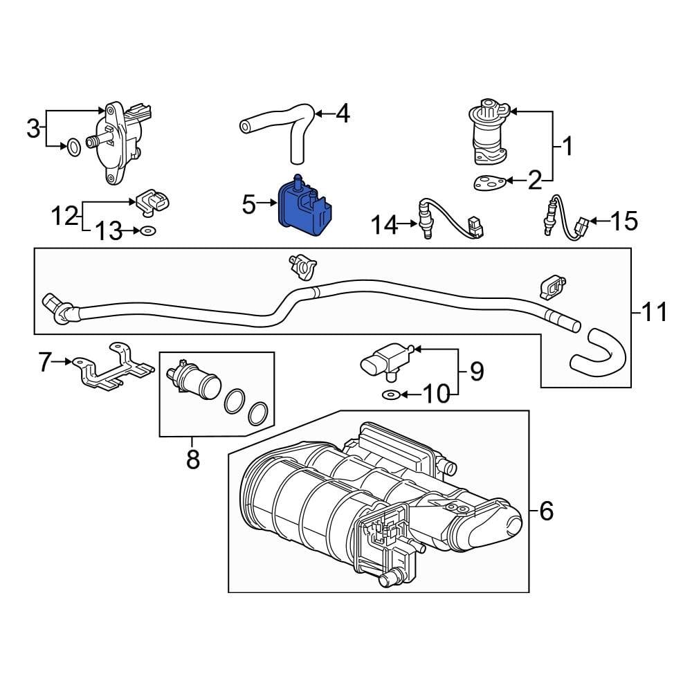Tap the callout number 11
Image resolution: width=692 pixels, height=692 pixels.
654,313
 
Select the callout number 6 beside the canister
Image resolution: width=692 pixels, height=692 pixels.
546,511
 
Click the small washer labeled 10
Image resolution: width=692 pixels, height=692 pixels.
390,395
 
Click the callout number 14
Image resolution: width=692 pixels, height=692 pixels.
384,224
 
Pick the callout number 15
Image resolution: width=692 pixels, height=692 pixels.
623,221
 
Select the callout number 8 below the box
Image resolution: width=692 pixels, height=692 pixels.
192,458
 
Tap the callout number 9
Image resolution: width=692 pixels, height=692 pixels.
477,372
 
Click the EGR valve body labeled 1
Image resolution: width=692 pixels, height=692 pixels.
489,131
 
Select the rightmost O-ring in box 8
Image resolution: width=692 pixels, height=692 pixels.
258,414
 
